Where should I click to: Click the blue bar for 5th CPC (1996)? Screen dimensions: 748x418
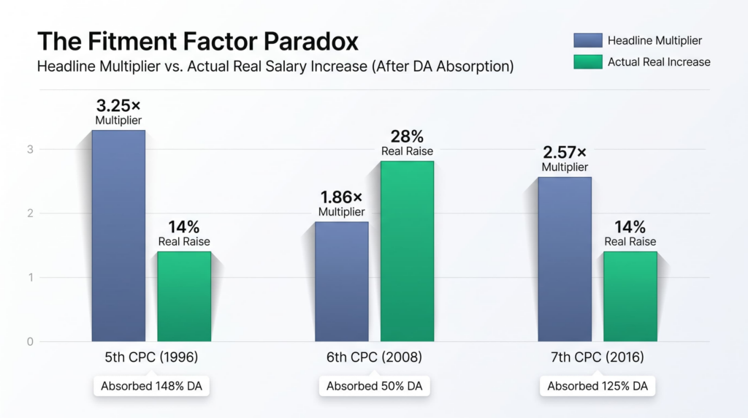click(118, 236)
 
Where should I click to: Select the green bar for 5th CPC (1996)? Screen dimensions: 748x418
click(184, 296)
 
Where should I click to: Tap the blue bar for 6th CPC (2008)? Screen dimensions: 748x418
click(342, 281)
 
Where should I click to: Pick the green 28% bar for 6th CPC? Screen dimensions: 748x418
click(407, 251)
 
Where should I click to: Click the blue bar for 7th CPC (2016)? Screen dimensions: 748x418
click(565, 259)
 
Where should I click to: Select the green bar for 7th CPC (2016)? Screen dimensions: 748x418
click(630, 296)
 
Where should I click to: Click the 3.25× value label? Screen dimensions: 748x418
click(118, 105)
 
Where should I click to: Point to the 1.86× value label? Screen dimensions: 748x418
click(342, 197)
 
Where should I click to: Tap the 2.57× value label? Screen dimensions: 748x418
click(565, 152)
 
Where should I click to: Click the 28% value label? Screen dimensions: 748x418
click(407, 137)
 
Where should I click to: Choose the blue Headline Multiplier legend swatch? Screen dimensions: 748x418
click(588, 41)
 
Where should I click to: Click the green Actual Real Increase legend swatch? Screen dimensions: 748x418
click(588, 62)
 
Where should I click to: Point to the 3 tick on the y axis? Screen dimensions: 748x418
click(30, 149)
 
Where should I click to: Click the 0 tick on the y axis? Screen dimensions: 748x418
click(30, 342)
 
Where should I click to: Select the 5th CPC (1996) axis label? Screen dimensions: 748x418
click(151, 357)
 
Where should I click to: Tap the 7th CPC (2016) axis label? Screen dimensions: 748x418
click(598, 357)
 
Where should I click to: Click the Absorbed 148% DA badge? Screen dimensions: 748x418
click(151, 386)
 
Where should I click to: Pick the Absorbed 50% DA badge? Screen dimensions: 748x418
click(375, 386)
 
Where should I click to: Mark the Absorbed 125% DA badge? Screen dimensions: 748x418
click(598, 386)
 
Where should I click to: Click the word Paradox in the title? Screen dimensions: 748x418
click(310, 41)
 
